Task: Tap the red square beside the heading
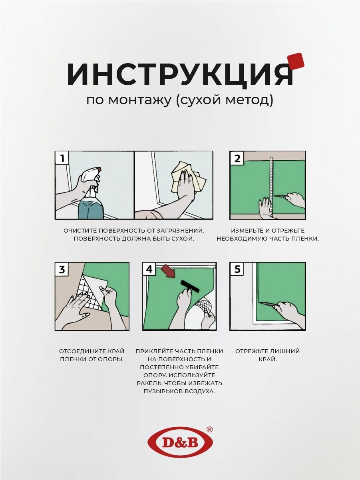point(295,62)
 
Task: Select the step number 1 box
point(62,158)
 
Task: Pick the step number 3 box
point(62,269)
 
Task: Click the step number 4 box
point(149,269)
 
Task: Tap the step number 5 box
point(237,269)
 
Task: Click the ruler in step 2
point(272,187)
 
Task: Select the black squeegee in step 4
point(190,287)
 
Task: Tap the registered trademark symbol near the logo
point(209,429)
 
